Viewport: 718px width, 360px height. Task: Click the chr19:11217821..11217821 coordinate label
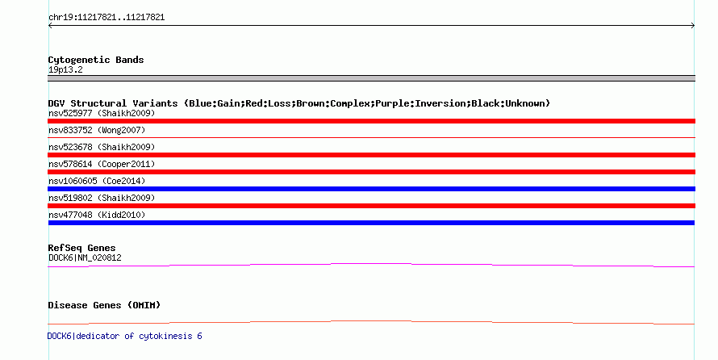pos(106,18)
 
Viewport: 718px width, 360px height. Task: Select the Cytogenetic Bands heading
pos(96,60)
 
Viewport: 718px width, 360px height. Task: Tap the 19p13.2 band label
pos(65,70)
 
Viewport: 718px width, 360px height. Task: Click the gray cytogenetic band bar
pos(371,78)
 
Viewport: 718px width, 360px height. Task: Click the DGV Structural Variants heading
pos(299,103)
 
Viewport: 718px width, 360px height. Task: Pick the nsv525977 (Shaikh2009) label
pos(102,113)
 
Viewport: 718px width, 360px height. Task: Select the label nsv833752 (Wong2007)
pos(97,130)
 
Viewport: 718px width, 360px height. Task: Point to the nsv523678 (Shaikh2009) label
pos(102,147)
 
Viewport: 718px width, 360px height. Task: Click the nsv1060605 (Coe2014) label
pos(97,181)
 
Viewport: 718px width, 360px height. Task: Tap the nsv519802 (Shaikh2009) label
pos(102,198)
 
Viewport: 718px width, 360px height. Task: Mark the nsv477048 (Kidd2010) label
pos(97,215)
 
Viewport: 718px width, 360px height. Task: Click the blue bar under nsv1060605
pos(371,189)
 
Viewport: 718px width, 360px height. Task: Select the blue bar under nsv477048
pos(371,223)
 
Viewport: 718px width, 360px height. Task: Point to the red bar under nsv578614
pos(371,172)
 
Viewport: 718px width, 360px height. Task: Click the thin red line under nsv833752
pos(371,137)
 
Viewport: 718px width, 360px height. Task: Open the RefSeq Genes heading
pos(81,249)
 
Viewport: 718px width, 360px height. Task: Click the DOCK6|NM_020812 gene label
pos(85,257)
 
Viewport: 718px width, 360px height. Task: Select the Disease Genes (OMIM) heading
pos(104,305)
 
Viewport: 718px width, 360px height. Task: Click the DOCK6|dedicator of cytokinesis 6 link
pos(124,336)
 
